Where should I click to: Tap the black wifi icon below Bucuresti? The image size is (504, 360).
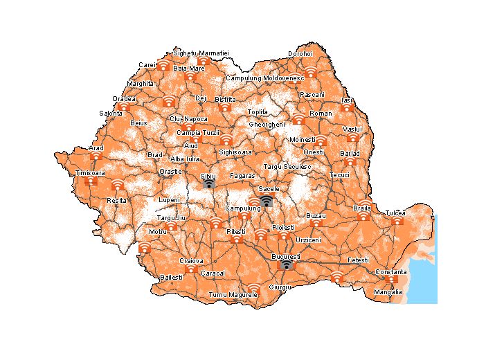(286, 264)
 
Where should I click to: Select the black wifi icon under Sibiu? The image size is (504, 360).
(208, 184)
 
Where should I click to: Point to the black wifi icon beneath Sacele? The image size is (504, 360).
(267, 200)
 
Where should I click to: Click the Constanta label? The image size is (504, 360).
(391, 272)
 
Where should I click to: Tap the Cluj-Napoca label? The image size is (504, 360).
(188, 119)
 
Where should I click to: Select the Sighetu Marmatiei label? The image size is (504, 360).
(201, 53)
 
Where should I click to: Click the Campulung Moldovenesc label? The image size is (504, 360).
(265, 78)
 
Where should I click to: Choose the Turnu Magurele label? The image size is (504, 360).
(233, 295)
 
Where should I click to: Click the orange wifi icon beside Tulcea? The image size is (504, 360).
(397, 221)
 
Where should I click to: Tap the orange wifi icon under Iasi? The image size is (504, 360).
(347, 107)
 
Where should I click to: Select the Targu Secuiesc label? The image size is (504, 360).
(287, 167)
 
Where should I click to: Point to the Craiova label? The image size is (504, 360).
(191, 261)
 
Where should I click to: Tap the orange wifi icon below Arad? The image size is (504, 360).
(96, 156)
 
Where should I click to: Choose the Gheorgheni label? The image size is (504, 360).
(267, 124)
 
